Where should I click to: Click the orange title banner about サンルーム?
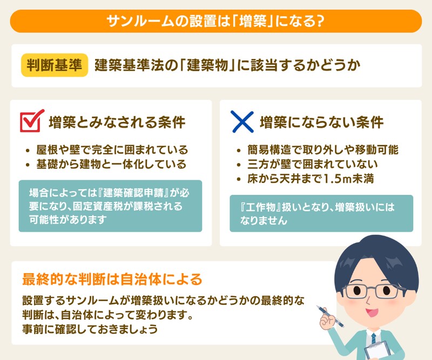tap(216, 21)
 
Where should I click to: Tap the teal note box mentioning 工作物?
tap(321, 214)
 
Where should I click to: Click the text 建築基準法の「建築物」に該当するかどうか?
tap(227, 66)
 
